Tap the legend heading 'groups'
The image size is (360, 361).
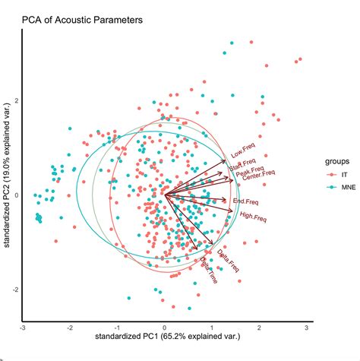pyautogui.click(x=339, y=161)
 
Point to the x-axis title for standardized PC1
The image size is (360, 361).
pyautogui.click(x=164, y=335)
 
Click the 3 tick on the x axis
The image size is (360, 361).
pyautogui.click(x=307, y=326)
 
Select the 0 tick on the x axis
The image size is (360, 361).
pyautogui.click(x=165, y=326)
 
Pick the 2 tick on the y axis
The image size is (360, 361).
pyautogui.click(x=15, y=100)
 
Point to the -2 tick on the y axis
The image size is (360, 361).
pyautogui.click(x=14, y=290)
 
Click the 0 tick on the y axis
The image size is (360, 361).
pyautogui.click(x=15, y=195)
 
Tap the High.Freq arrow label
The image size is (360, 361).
pyautogui.click(x=253, y=218)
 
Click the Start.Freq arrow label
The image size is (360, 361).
pyautogui.click(x=242, y=163)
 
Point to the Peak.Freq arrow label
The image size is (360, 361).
pyautogui.click(x=250, y=172)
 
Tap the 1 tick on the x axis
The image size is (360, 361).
pyautogui.click(x=212, y=326)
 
